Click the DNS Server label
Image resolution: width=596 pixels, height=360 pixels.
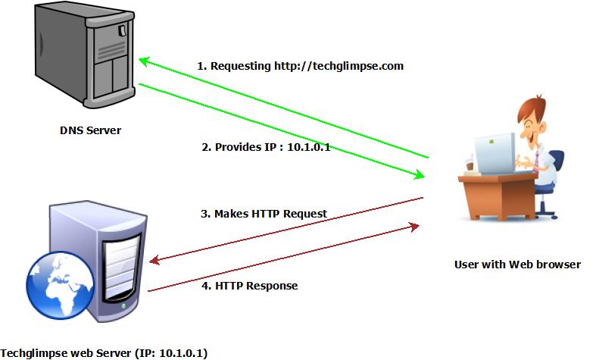[90, 130]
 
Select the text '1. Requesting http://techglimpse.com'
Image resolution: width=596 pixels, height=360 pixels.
[300, 66]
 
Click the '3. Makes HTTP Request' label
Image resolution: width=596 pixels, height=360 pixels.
[264, 214]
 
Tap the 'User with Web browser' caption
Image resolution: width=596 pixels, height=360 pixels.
[517, 265]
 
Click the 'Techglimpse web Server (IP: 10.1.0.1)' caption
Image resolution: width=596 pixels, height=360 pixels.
[104, 352]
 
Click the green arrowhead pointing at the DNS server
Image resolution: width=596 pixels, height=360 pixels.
[142, 61]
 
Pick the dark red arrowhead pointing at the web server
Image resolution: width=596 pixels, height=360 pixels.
[154, 261]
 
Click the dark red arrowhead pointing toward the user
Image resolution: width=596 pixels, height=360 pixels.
[413, 226]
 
